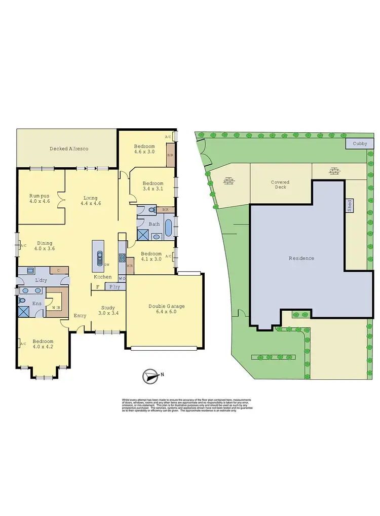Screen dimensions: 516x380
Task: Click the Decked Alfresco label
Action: (69, 149)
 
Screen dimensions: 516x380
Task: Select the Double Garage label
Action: (166, 307)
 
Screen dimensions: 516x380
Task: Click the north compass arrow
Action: (149, 376)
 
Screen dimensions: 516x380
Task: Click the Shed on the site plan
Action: (349, 205)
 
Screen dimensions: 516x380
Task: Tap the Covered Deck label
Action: (279, 183)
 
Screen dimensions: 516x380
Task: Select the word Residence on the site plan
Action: (301, 258)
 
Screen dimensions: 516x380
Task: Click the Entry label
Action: (80, 316)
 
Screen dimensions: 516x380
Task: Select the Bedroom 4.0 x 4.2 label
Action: (43, 344)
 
